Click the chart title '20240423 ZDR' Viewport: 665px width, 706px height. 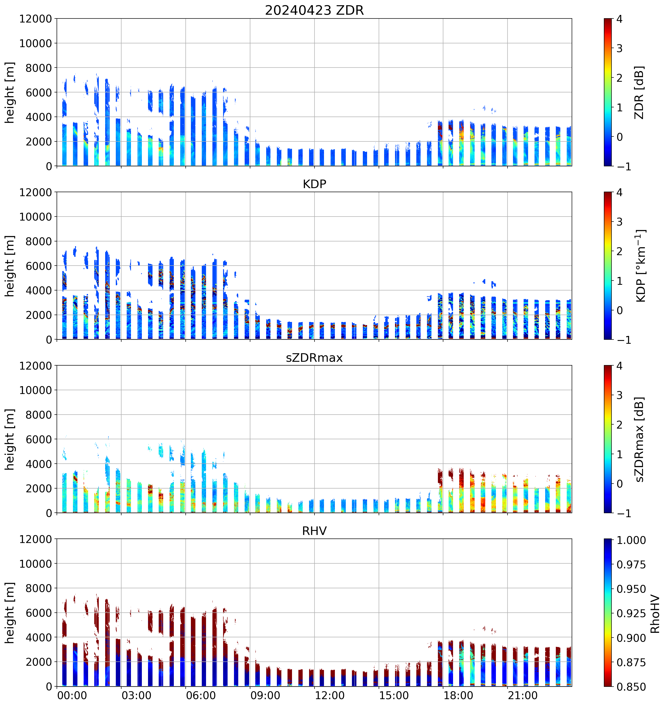tap(314, 10)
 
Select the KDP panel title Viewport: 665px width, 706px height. tap(314, 184)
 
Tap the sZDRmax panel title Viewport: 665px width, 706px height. tap(314, 358)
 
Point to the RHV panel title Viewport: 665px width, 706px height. tap(314, 531)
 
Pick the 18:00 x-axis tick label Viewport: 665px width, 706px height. tap(458, 695)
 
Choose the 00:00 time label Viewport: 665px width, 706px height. tap(72, 695)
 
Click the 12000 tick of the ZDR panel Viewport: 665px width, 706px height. tap(36, 19)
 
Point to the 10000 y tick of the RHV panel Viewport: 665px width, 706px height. tap(36, 564)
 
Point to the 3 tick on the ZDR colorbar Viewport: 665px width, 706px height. tap(619, 48)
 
